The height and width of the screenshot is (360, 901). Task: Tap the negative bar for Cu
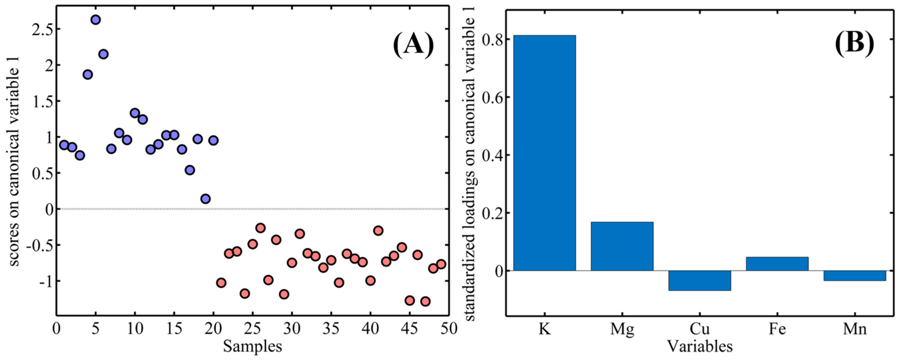click(x=699, y=280)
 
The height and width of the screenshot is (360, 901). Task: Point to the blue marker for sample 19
click(x=206, y=199)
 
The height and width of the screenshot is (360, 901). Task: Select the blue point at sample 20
click(x=213, y=141)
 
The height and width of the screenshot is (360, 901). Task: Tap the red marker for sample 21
click(x=221, y=283)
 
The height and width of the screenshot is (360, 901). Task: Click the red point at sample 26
click(x=260, y=228)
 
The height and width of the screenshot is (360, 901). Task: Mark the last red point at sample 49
click(x=441, y=264)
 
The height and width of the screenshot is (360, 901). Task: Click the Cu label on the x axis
click(x=699, y=329)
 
